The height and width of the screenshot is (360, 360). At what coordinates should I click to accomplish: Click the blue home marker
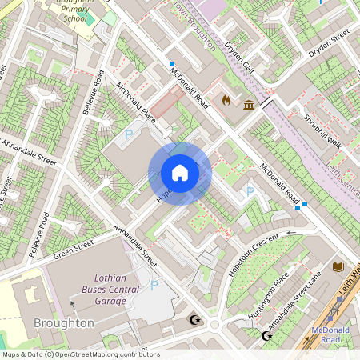180,173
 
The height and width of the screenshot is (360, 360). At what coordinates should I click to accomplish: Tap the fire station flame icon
226,102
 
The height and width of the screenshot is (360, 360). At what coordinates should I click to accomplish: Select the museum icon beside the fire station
249,105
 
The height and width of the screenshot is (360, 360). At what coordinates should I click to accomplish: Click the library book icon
338,266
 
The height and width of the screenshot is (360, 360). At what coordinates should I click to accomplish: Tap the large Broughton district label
64,323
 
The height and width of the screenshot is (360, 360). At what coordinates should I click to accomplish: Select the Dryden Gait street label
238,55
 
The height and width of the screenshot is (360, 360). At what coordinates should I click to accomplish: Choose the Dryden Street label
330,43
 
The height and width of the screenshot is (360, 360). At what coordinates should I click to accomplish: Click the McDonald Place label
136,102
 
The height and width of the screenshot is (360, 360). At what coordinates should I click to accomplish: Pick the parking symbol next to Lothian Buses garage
154,285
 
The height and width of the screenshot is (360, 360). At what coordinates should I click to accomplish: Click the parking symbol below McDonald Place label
128,135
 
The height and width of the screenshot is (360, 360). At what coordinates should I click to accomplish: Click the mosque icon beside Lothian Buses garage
194,320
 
